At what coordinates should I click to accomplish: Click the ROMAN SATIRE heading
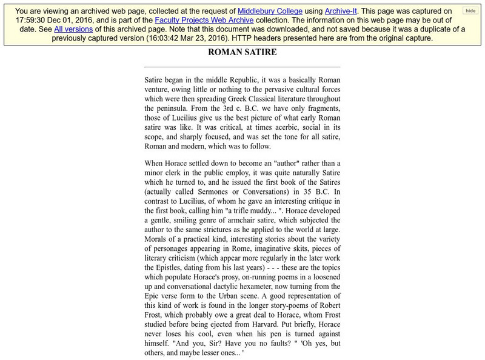pos(242,53)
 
